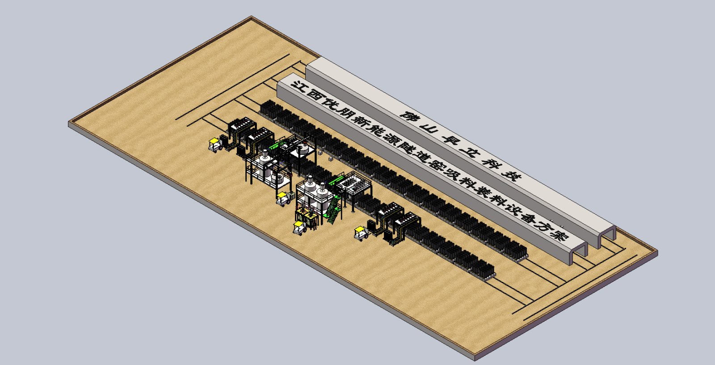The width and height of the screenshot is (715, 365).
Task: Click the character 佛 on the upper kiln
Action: click(410, 117)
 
